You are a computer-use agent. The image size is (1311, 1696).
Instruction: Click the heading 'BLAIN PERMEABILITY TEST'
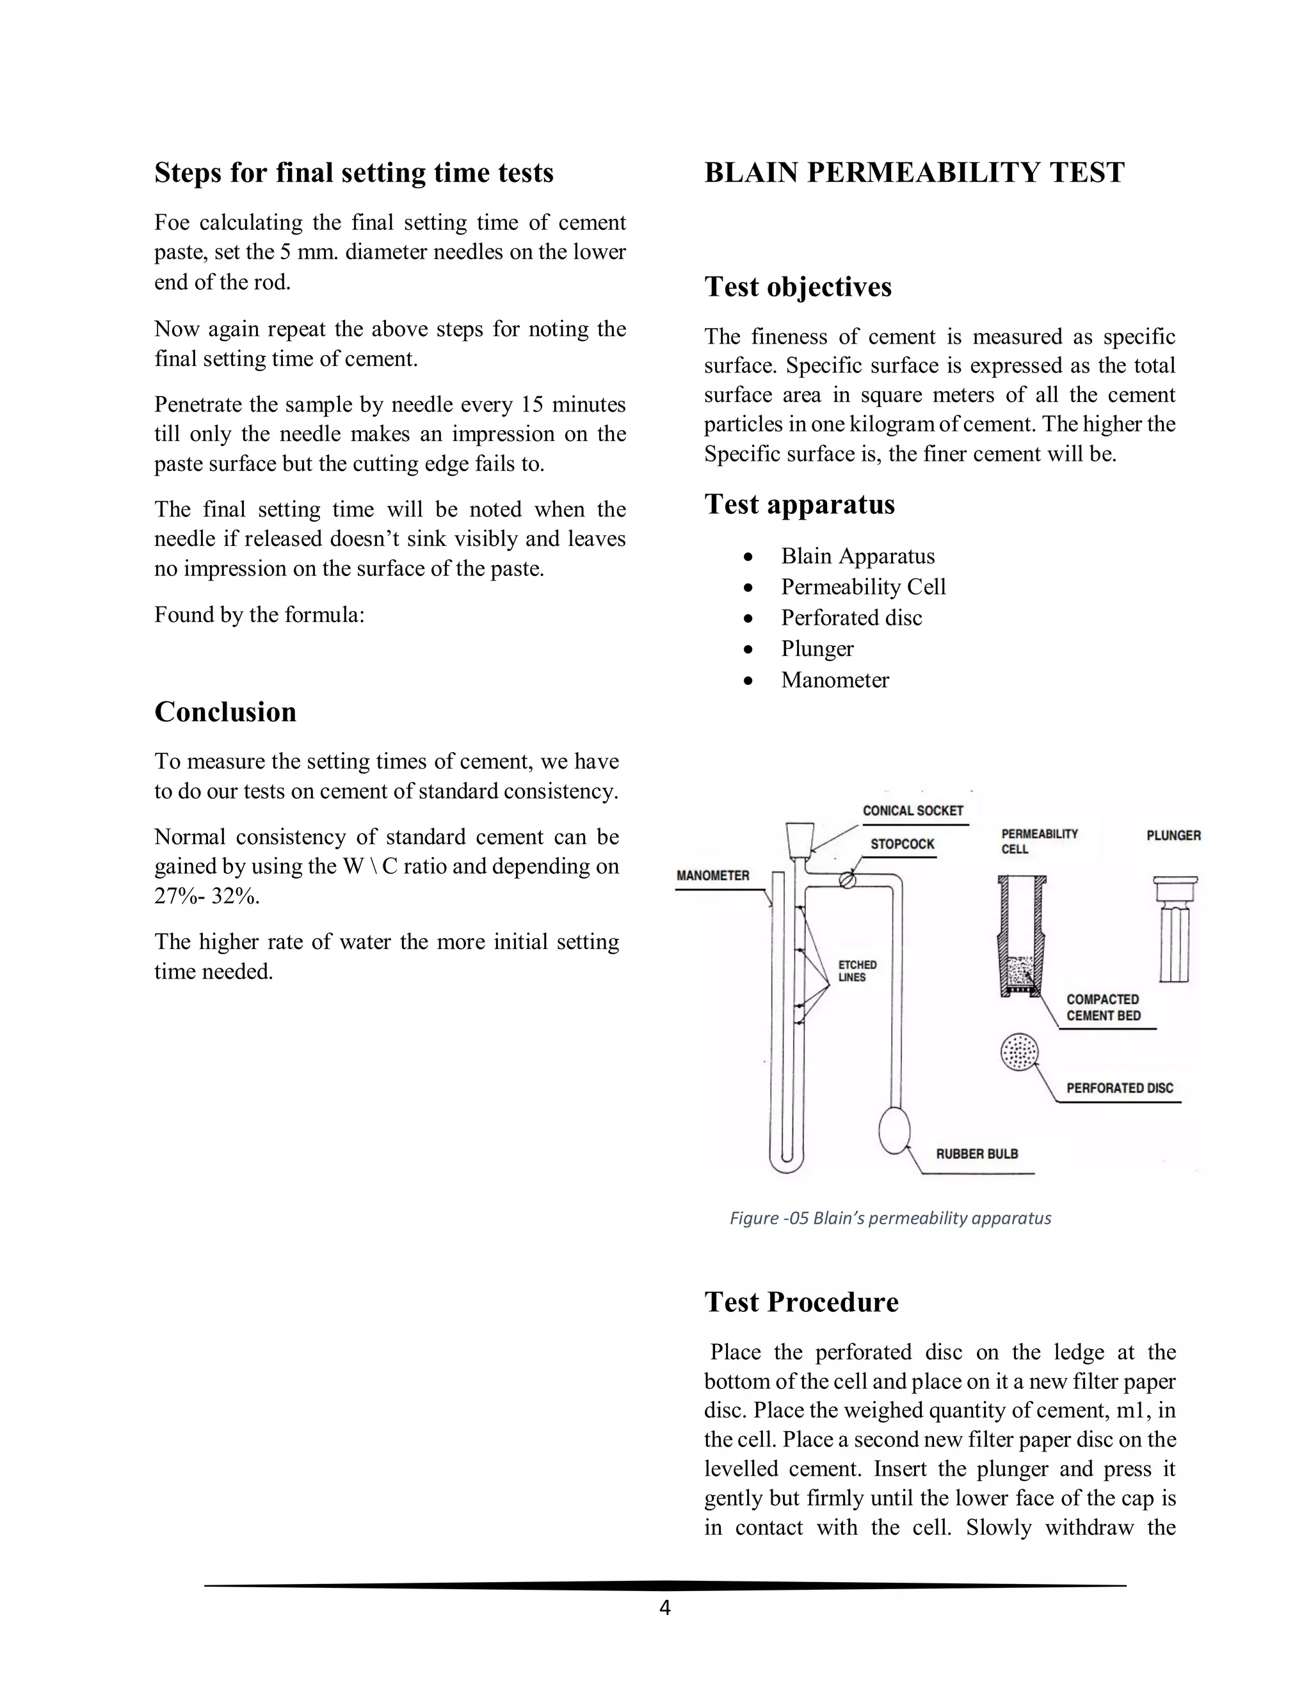click(x=913, y=172)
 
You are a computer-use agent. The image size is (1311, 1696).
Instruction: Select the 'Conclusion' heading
click(x=225, y=712)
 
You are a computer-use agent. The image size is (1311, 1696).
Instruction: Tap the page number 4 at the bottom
click(x=664, y=1608)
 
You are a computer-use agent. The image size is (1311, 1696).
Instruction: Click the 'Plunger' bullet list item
click(x=817, y=648)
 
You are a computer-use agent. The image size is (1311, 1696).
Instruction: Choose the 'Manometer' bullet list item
click(x=834, y=680)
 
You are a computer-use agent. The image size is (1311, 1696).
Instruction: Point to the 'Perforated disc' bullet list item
click(x=851, y=618)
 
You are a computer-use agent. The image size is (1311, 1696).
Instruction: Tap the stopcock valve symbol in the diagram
click(x=849, y=880)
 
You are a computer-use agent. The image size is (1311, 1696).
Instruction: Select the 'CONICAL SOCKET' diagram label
click(x=913, y=811)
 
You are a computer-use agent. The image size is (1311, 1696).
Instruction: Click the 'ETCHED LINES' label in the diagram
click(x=857, y=971)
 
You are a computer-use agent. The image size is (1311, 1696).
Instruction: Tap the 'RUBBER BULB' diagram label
click(x=976, y=1154)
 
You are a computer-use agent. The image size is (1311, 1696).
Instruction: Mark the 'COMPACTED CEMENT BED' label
click(x=1102, y=1007)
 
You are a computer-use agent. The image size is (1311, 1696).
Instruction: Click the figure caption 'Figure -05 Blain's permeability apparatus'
click(x=890, y=1218)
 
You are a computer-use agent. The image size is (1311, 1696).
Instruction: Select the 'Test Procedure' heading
click(x=801, y=1302)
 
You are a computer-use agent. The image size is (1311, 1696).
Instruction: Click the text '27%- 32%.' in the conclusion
click(x=207, y=896)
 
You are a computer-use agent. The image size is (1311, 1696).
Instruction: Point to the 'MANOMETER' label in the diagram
click(x=712, y=875)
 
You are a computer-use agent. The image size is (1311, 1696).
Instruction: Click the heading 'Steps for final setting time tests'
click(x=353, y=172)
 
